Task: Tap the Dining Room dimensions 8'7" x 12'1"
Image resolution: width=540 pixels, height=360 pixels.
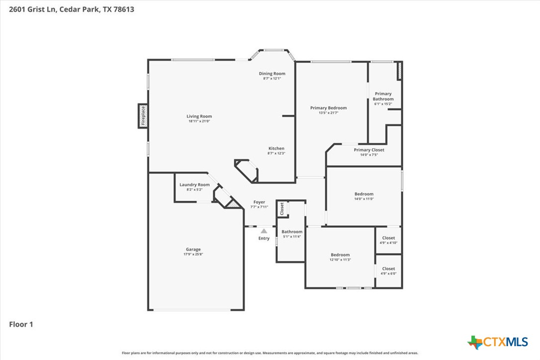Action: click(272, 79)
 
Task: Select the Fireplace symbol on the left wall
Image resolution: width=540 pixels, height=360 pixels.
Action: click(143, 115)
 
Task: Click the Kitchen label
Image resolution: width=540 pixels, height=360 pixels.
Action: click(276, 148)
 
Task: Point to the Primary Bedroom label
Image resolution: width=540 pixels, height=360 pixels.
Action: click(328, 108)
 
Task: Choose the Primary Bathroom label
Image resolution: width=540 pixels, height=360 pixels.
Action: click(383, 96)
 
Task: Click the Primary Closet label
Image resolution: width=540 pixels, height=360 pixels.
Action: click(369, 150)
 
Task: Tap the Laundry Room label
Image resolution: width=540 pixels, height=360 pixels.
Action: click(194, 184)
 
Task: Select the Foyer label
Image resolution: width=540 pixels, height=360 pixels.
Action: click(259, 202)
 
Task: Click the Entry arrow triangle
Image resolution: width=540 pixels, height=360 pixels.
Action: click(264, 231)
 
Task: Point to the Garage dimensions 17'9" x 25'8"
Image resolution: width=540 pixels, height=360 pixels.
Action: click(193, 254)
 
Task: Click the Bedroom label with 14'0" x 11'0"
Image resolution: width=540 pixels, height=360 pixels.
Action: click(363, 194)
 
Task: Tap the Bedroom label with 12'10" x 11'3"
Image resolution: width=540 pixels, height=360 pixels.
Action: click(340, 255)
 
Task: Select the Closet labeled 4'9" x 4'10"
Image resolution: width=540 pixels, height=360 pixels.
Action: click(388, 238)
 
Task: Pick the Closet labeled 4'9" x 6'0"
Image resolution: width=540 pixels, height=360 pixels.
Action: click(388, 269)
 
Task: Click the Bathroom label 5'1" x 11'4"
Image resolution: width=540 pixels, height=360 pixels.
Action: click(292, 232)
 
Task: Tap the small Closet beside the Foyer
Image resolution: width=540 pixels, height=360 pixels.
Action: click(281, 209)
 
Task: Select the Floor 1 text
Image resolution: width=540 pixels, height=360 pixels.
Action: click(21, 325)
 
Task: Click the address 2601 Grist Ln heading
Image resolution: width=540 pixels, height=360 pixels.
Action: click(68, 9)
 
